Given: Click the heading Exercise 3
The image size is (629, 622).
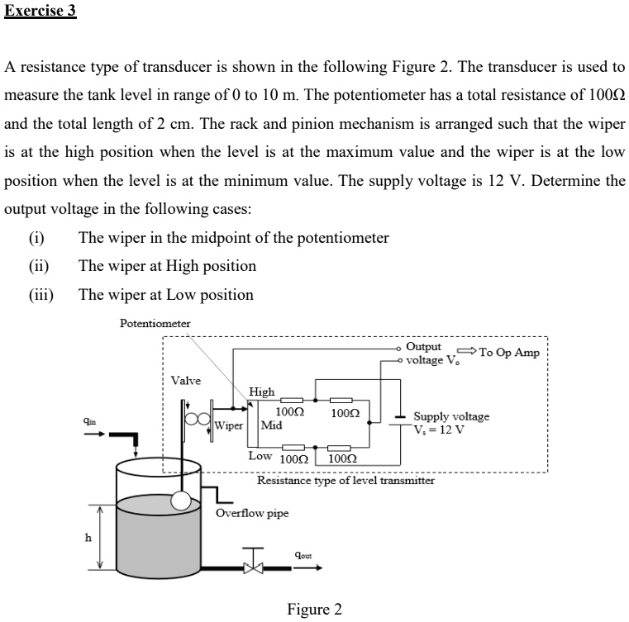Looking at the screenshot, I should click(41, 13).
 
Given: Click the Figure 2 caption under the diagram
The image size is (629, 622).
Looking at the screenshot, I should click(313, 610).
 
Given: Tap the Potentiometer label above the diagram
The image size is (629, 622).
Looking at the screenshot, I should click(155, 323).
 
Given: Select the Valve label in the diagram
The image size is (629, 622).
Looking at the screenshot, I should click(185, 381).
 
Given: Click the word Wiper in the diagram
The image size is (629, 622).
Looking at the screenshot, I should click(228, 426).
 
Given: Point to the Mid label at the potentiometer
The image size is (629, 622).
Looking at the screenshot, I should click(271, 426).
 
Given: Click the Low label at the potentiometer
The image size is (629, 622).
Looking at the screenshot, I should click(260, 456).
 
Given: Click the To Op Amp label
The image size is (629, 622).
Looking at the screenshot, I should click(509, 353).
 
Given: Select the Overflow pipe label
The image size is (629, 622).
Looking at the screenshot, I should click(252, 513).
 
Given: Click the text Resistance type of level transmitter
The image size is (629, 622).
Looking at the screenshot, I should click(345, 480).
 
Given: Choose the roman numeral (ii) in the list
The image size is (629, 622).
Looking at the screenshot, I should click(39, 266).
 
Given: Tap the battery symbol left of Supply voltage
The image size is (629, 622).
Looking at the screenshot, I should click(399, 422).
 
